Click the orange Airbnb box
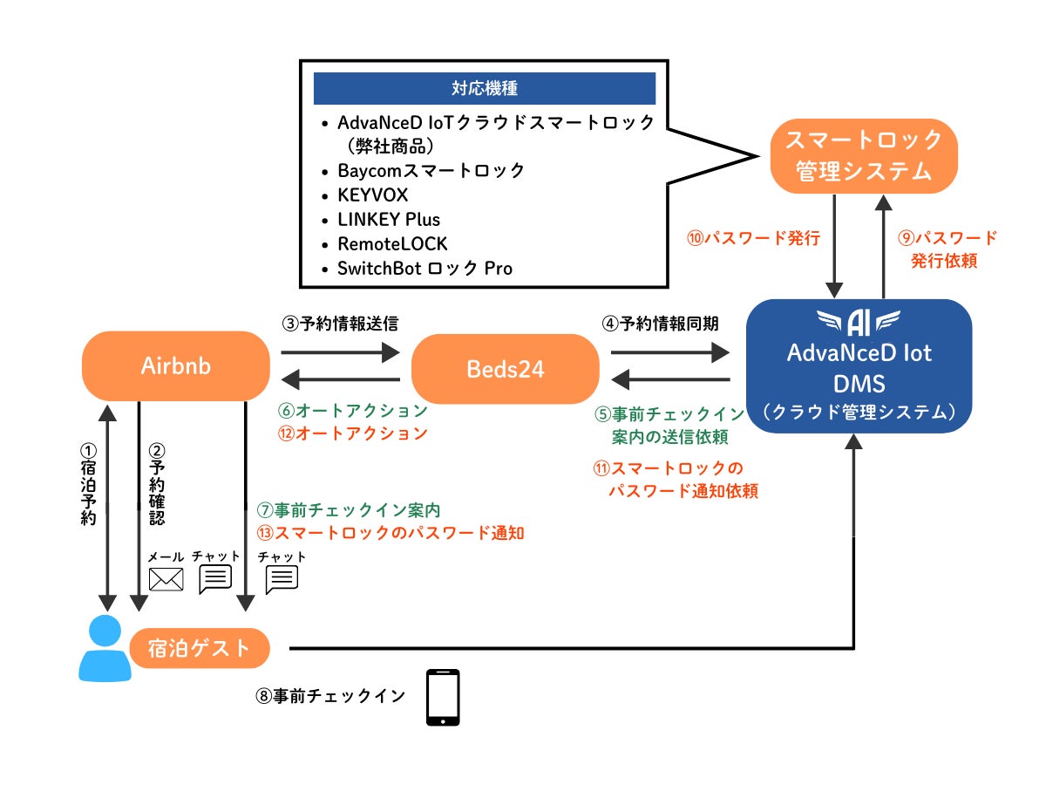[x=175, y=366]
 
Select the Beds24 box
[x=505, y=369]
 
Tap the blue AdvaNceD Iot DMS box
[x=859, y=366]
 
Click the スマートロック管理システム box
[x=863, y=155]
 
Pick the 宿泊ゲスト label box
[x=199, y=648]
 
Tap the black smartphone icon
[x=443, y=698]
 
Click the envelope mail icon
[x=166, y=579]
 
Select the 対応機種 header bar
[x=484, y=88]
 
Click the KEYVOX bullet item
[x=372, y=195]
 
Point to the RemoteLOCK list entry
[x=392, y=244]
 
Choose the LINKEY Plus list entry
[x=389, y=220]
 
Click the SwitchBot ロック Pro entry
[x=425, y=269]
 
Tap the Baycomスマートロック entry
[x=431, y=171]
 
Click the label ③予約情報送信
[x=339, y=324]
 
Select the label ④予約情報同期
[x=661, y=324]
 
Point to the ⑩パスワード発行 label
[x=754, y=238]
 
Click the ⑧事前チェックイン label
[x=330, y=696]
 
